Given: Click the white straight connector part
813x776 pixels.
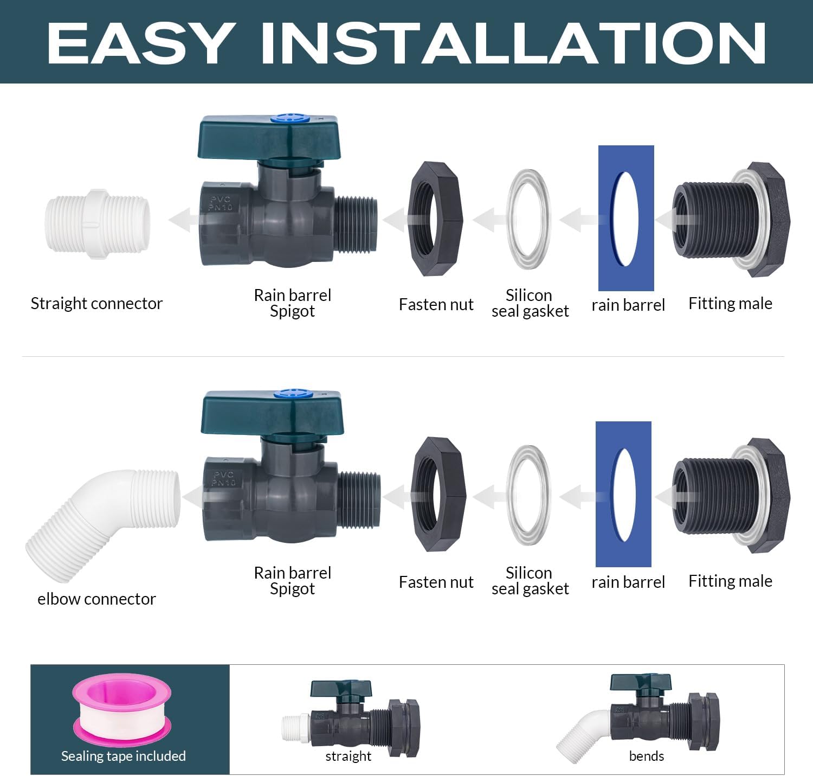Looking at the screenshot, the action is click(98, 224).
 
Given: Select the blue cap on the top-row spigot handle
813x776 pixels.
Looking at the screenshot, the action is click(290, 118).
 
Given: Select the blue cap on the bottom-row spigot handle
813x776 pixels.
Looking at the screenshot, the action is click(293, 393).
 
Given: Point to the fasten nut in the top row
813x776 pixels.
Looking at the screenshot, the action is click(435, 219).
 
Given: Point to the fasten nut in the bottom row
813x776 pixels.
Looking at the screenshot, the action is click(438, 493).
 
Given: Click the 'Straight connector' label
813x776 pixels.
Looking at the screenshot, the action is click(97, 304).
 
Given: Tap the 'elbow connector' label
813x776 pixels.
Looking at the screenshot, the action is click(97, 599).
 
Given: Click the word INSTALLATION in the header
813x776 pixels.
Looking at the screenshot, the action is click(513, 43).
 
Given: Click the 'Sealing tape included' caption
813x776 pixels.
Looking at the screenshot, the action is click(124, 756).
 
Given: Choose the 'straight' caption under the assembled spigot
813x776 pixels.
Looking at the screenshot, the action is click(348, 756).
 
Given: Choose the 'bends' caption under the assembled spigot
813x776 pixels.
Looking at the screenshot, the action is click(647, 756).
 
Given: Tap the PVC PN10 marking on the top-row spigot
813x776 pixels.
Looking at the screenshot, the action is click(221, 203).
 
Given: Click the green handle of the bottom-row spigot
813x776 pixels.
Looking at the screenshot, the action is click(272, 414).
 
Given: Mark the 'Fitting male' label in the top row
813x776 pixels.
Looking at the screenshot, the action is click(730, 304).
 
